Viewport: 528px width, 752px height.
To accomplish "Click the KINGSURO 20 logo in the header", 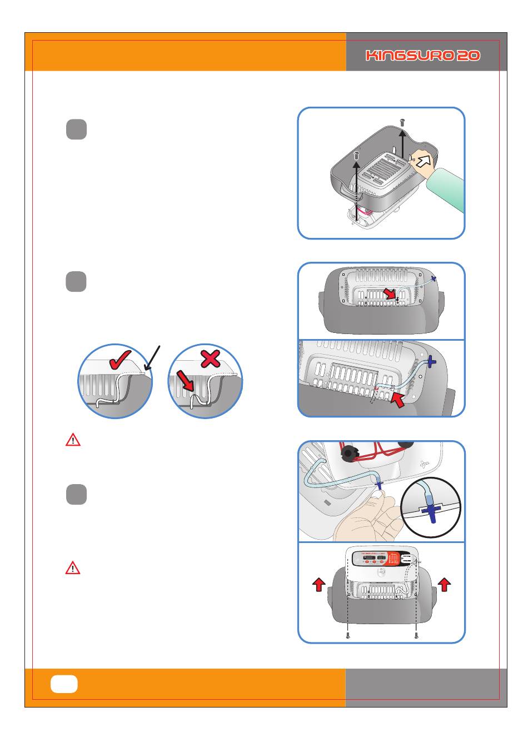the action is coord(423,56).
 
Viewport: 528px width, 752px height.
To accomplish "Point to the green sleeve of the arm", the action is coord(450,190).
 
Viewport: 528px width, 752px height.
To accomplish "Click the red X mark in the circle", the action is coord(210,359).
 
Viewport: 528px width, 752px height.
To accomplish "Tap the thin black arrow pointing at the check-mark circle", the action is coord(153,358).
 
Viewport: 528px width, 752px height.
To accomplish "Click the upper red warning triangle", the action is coord(73,440).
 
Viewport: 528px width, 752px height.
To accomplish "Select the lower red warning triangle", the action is coord(73,568).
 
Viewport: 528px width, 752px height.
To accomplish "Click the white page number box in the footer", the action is coord(64,684).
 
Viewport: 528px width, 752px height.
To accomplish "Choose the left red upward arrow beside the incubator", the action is coord(318,584).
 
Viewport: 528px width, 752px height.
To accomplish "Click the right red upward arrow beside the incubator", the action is coord(444,584).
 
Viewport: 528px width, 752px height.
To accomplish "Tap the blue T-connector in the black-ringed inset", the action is coord(431,510).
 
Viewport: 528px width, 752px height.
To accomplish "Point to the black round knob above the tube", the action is coord(348,453).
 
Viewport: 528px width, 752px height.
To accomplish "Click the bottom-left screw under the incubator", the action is coord(348,636).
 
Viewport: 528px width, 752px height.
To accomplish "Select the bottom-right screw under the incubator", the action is coord(416,636).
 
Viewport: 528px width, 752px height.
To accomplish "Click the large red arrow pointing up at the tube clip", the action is coord(399,400).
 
